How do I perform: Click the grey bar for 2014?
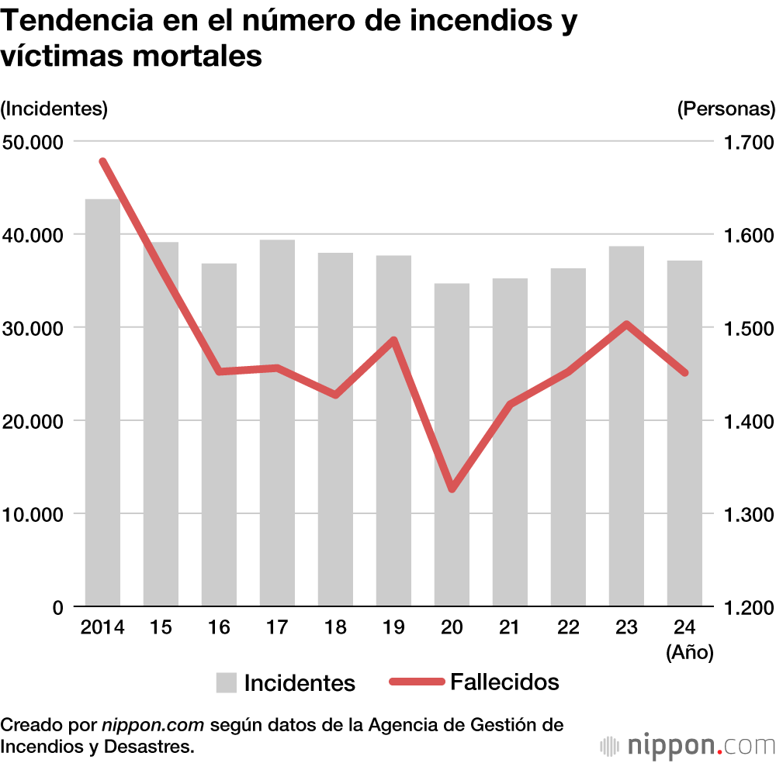click(x=102, y=402)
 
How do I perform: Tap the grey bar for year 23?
click(x=626, y=426)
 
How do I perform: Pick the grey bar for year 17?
click(x=277, y=423)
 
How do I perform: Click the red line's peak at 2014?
click(x=102, y=161)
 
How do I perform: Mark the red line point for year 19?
click(x=393, y=340)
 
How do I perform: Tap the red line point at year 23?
click(x=626, y=324)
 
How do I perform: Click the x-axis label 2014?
click(x=102, y=627)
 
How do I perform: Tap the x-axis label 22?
click(x=568, y=627)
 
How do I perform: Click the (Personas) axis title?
click(x=726, y=109)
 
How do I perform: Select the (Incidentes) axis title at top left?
click(x=54, y=109)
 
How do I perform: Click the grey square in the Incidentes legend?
click(x=226, y=682)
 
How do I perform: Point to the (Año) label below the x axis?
click(x=689, y=653)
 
